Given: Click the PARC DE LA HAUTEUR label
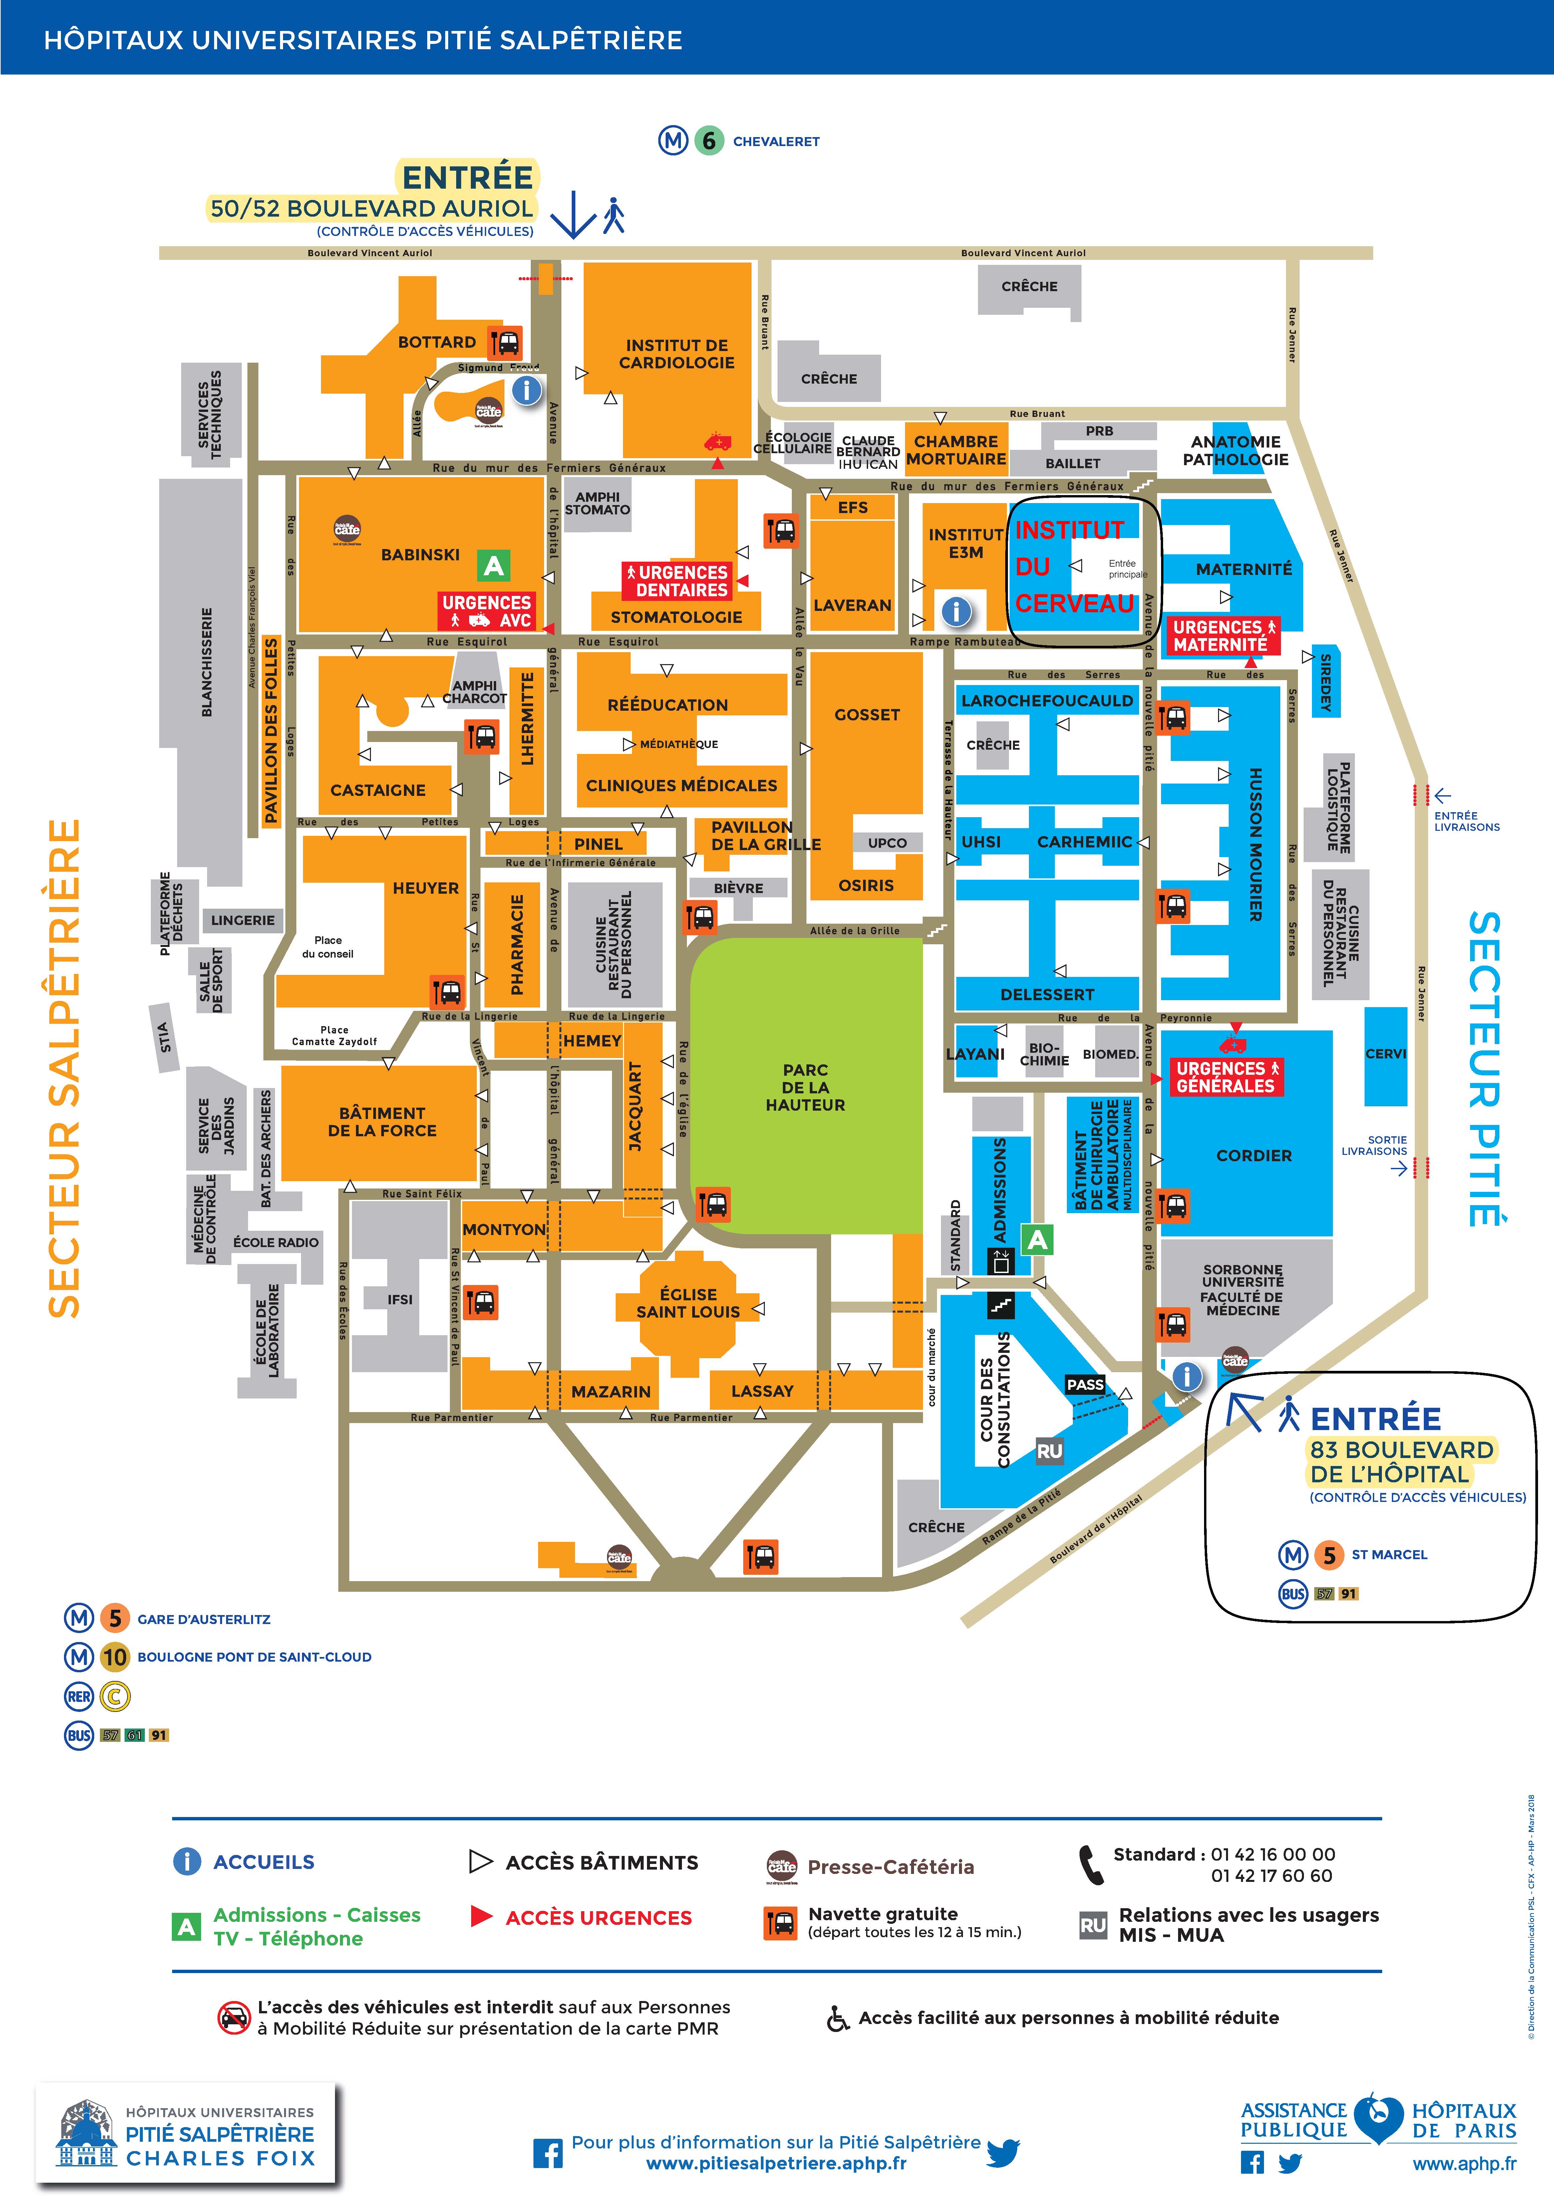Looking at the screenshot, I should coord(805,1087).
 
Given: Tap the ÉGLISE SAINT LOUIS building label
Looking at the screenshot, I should coord(688,1303).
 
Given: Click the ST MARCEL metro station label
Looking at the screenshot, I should coord(1389,1555).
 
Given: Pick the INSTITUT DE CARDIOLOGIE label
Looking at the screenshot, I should coord(677,354).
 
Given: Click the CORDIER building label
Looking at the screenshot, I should coord(1254,1155).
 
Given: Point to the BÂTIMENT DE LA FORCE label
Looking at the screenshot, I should coord(382,1122).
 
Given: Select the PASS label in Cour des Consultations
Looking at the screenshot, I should coord(1085,1385).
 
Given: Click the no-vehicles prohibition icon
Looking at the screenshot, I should coord(233,2017).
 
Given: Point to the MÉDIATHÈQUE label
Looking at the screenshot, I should coord(679,744).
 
